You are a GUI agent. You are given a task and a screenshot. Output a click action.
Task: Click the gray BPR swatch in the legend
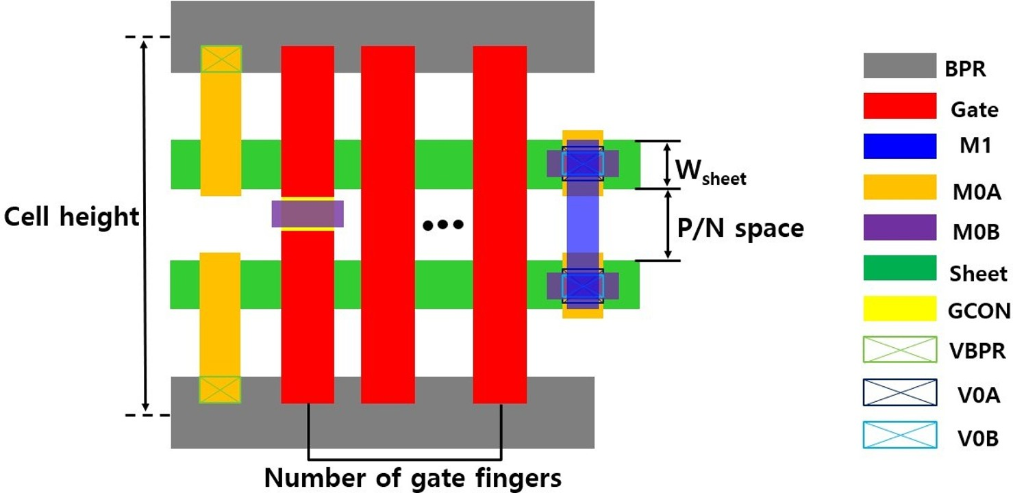899,66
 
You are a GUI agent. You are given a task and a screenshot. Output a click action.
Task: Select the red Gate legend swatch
899,106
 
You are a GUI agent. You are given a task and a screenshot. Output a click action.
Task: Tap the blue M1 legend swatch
899,145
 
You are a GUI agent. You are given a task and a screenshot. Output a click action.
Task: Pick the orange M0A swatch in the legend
899,187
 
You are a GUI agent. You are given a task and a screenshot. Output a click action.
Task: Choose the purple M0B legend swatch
899,227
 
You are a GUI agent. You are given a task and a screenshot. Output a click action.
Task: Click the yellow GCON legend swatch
899,308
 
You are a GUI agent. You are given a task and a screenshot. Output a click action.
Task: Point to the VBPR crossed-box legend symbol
899,350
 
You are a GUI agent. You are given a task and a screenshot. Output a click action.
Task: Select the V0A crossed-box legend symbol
899,392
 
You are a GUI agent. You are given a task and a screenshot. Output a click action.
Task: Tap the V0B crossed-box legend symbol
899,435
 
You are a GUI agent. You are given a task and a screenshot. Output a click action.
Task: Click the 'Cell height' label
71,218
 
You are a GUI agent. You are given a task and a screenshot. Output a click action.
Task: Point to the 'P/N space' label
740,228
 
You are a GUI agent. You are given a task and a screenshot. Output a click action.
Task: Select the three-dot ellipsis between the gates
443,224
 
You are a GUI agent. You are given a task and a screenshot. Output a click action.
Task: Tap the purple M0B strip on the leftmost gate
308,214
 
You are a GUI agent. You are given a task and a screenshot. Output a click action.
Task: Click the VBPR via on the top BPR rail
221,59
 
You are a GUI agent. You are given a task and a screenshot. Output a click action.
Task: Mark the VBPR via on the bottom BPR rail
220,390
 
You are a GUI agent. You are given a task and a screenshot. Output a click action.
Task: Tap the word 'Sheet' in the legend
978,274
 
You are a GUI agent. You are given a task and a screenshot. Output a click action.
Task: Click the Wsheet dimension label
710,170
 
